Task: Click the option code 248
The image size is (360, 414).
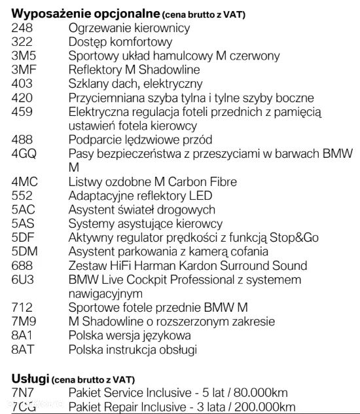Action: [x=22, y=28]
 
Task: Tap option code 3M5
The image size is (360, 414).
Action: [x=24, y=56]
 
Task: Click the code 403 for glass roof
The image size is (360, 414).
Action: [x=22, y=84]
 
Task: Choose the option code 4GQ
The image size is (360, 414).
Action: [x=25, y=154]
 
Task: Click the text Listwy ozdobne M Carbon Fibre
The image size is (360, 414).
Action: [x=153, y=181]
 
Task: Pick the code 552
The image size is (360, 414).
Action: [x=22, y=196]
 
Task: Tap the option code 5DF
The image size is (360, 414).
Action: [x=24, y=238]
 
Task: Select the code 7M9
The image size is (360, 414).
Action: [x=24, y=322]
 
